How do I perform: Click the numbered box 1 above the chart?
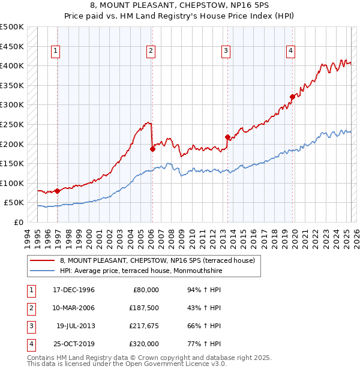[x=55, y=51]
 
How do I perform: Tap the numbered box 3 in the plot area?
[x=226, y=51]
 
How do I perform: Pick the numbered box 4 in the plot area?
[x=290, y=51]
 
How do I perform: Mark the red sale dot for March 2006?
[x=152, y=149]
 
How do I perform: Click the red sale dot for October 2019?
[x=292, y=97]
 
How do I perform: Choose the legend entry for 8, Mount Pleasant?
[x=157, y=260]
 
